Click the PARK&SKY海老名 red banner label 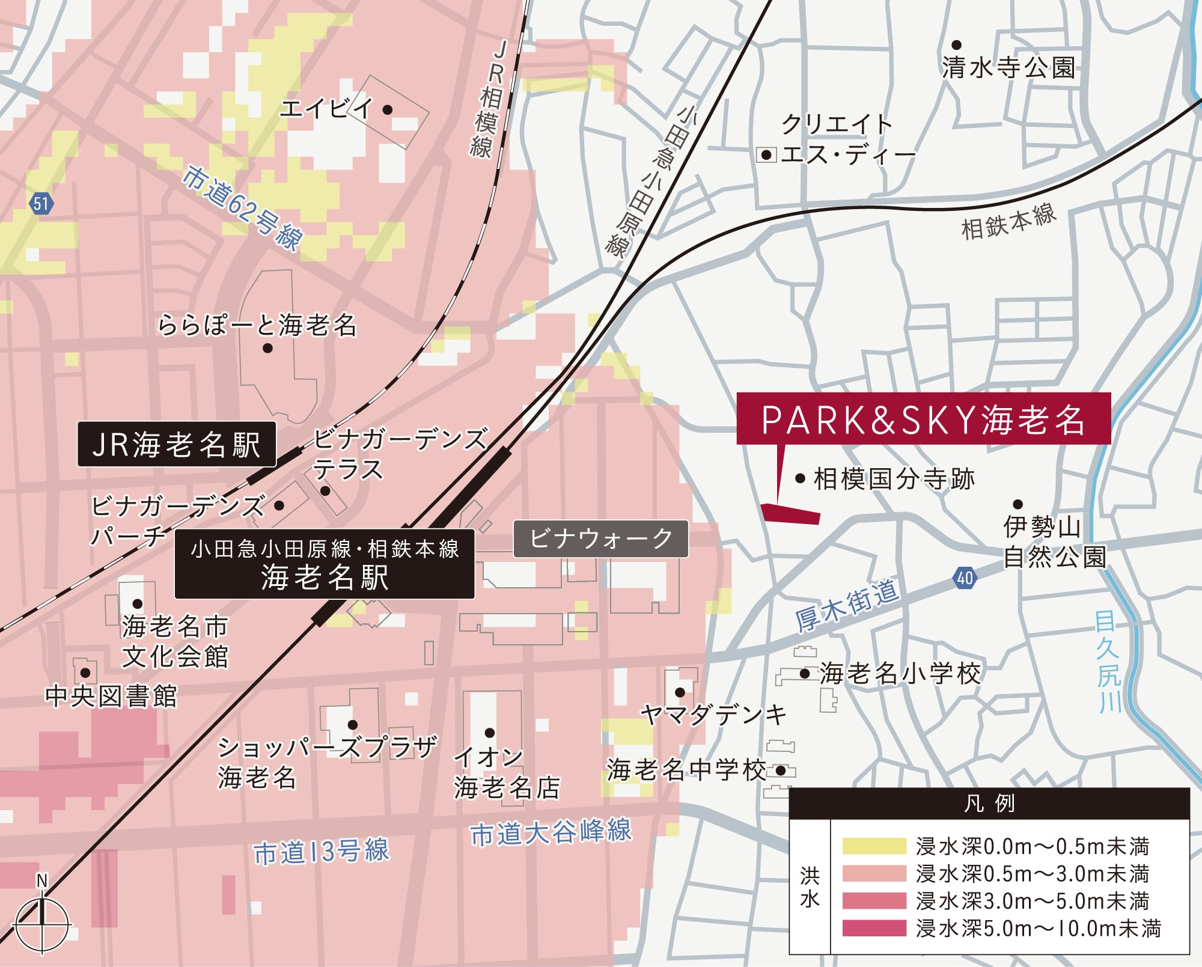point(923,419)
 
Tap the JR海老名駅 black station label point(177,445)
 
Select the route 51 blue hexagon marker point(41,204)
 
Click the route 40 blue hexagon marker point(965,578)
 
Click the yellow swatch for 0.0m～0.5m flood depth point(874,846)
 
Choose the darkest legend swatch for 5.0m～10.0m point(874,929)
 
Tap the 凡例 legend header point(989,804)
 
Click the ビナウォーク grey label point(600,538)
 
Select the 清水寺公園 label point(1008,67)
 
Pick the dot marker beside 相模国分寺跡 point(800,479)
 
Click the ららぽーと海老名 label point(257,326)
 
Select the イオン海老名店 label point(506,773)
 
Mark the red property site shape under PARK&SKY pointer point(790,514)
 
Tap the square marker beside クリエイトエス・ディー point(766,155)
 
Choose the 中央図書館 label point(111,697)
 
